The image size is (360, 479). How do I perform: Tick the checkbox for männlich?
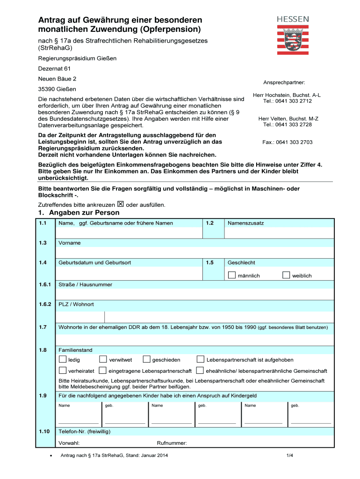231,275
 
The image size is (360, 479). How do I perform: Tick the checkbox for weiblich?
286,275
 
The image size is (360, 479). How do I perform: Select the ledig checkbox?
62,359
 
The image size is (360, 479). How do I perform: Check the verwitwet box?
103,359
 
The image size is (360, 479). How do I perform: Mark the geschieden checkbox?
146,359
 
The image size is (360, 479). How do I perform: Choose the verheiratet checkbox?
62,370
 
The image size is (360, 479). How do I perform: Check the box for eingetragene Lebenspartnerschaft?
103,370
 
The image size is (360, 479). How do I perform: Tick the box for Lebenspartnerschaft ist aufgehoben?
200,359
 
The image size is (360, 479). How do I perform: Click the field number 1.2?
209,223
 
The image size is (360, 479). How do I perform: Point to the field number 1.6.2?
45,305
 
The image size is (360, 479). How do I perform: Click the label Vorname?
69,243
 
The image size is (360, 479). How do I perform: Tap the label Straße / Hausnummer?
85,284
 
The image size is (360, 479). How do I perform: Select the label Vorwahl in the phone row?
69,443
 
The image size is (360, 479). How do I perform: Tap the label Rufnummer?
172,443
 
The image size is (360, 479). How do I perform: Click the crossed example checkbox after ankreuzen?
120,204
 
